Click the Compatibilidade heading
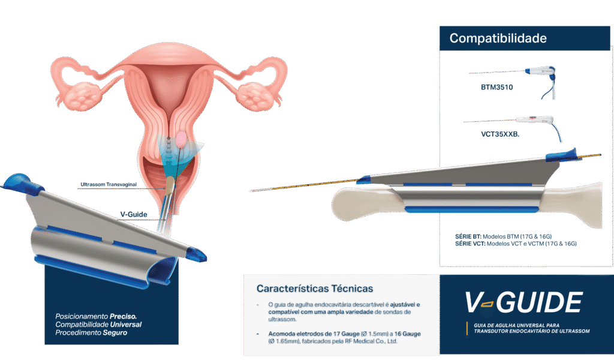(498, 38)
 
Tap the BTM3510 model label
(496, 87)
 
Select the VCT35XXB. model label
(499, 134)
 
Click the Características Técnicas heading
(314, 289)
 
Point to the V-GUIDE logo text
(523, 302)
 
